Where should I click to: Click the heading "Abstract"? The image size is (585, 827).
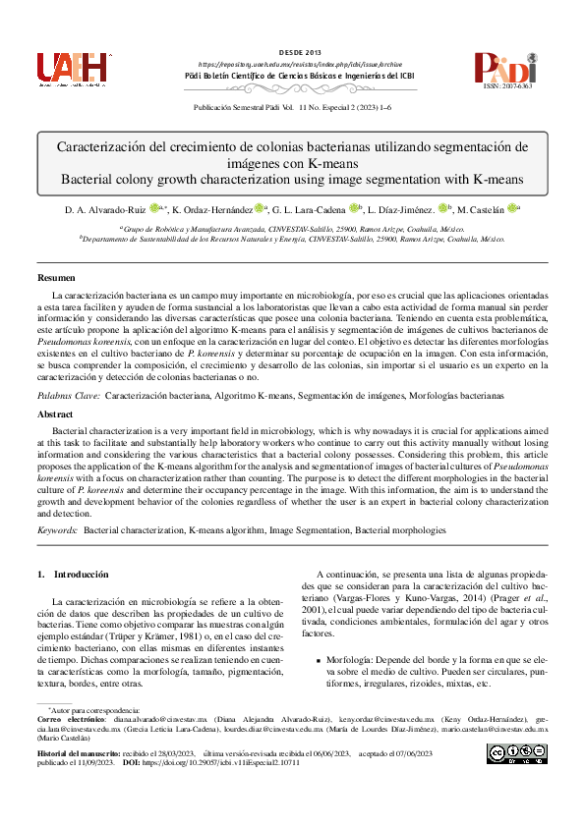point(55,415)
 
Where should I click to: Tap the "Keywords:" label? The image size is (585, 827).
point(57,529)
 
